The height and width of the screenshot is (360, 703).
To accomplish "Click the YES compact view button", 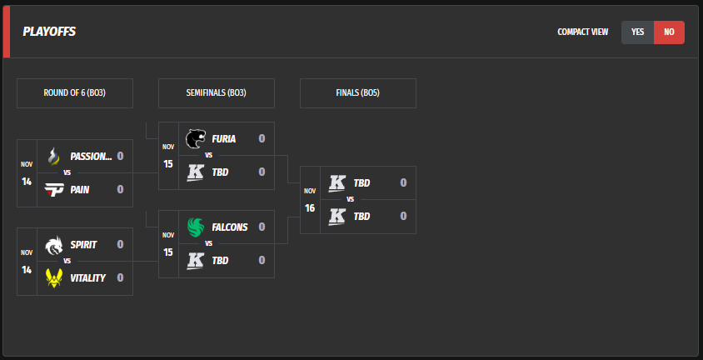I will point(637,32).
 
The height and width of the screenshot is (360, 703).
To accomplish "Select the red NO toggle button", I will point(669,32).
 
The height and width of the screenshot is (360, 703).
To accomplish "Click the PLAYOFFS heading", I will point(49,32).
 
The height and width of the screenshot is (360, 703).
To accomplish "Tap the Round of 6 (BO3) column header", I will point(74,93).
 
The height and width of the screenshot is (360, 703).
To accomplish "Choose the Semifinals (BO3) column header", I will point(216,93).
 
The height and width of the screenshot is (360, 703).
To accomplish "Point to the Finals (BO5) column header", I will point(357,93).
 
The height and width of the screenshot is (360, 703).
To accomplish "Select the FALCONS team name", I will point(229,227).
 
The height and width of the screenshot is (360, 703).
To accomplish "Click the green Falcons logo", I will point(196,227).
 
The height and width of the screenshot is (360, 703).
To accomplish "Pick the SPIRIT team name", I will point(83,244).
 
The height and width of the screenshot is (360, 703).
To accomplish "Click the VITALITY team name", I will point(87,277).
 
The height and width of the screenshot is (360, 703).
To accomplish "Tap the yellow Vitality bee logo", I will point(54,277).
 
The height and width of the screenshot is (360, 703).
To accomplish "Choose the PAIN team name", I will point(80,189).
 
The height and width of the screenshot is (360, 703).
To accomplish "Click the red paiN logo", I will point(54,189).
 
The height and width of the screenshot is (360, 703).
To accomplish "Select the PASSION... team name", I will point(91,156).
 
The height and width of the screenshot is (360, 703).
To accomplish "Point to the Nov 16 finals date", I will point(310,200).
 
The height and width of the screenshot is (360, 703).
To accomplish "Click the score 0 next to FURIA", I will point(262,138).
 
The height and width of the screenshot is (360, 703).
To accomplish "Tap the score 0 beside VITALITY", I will point(120,277).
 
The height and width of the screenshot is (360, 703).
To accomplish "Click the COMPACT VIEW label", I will point(582,32).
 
